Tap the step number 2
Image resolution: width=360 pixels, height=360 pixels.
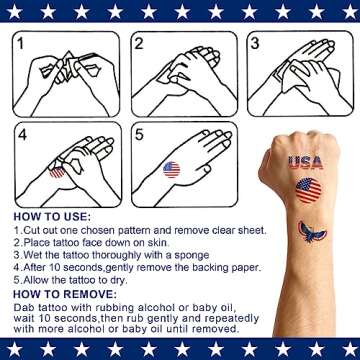141,45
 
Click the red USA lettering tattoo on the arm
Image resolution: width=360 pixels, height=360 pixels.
308,161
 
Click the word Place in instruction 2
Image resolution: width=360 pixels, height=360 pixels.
38,241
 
